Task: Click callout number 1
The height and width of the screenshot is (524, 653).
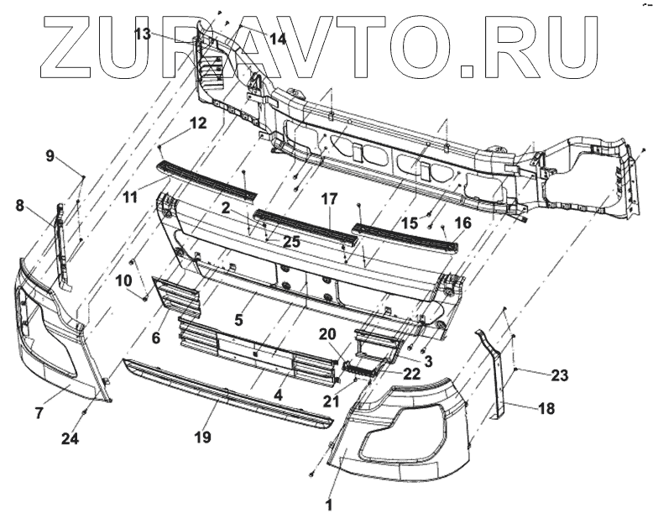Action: click(x=329, y=506)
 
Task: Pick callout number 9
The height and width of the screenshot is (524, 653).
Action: click(x=50, y=156)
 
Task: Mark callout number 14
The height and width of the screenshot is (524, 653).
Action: click(x=277, y=38)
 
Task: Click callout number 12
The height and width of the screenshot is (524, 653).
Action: click(x=197, y=123)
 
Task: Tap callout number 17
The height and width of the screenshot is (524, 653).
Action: click(x=328, y=200)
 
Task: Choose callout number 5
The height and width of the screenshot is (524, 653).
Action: click(x=238, y=319)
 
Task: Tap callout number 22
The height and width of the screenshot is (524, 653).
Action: click(x=410, y=374)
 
